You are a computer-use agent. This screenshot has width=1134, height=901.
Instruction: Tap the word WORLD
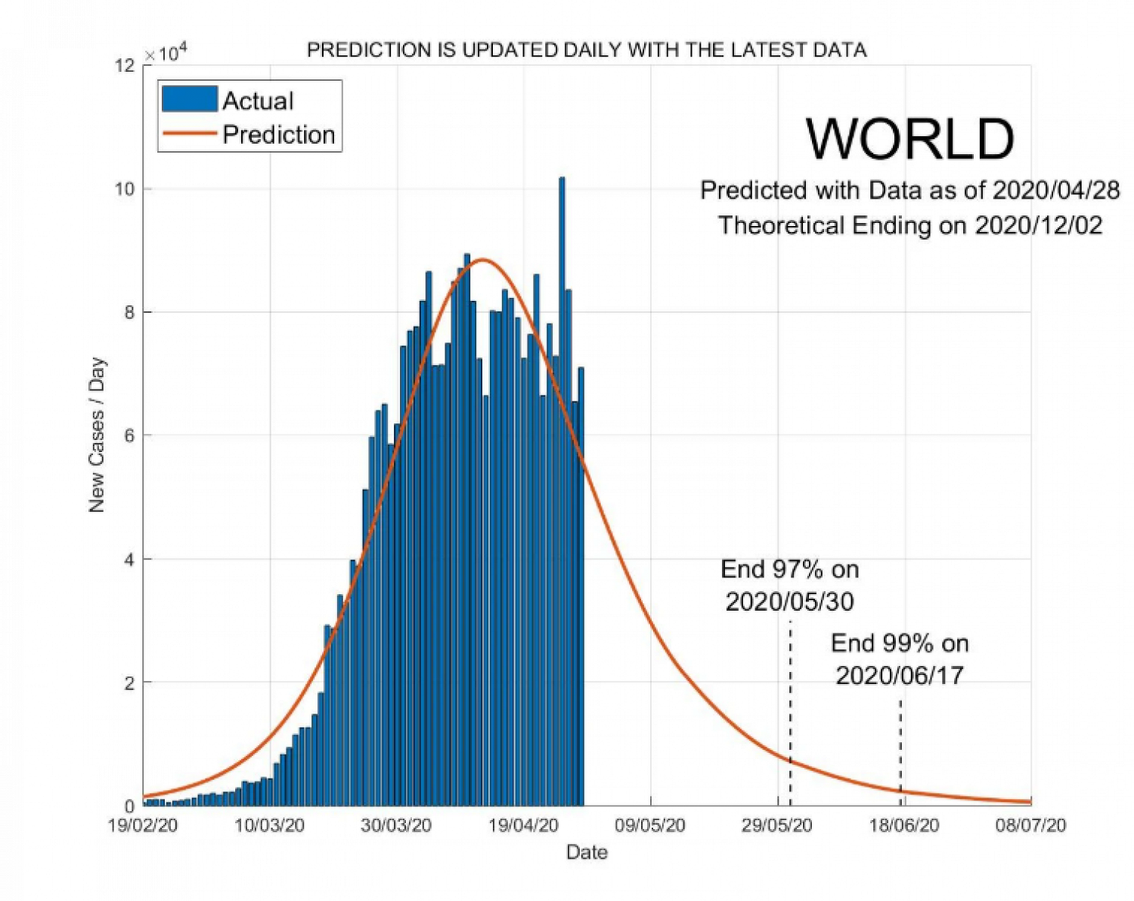pos(909,139)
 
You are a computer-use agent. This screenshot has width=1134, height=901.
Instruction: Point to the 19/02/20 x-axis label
pos(143,825)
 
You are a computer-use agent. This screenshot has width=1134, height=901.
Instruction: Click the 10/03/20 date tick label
pos(269,825)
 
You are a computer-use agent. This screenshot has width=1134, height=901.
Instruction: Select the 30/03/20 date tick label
pos(396,825)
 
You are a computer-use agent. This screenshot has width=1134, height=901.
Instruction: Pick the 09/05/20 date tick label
pos(650,825)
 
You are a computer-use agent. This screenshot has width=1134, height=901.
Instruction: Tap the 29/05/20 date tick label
pos(777,825)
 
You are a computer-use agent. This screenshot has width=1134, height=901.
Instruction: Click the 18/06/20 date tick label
pos(904,825)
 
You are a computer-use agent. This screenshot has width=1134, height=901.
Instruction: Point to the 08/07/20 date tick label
pos(1030,825)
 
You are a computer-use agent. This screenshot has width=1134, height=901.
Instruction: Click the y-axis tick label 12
pos(125,66)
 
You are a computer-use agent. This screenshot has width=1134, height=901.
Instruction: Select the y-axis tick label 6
pos(129,436)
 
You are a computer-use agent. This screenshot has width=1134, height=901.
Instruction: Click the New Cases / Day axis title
pos(97,435)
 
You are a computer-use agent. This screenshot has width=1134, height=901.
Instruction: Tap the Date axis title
pos(587,853)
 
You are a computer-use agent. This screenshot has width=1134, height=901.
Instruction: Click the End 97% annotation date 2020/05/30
pos(790,602)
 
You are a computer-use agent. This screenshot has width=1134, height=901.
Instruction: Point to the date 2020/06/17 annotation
pos(900,675)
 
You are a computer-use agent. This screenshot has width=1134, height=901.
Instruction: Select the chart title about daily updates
pos(587,50)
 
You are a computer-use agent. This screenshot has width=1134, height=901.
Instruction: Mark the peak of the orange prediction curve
pos(482,260)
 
